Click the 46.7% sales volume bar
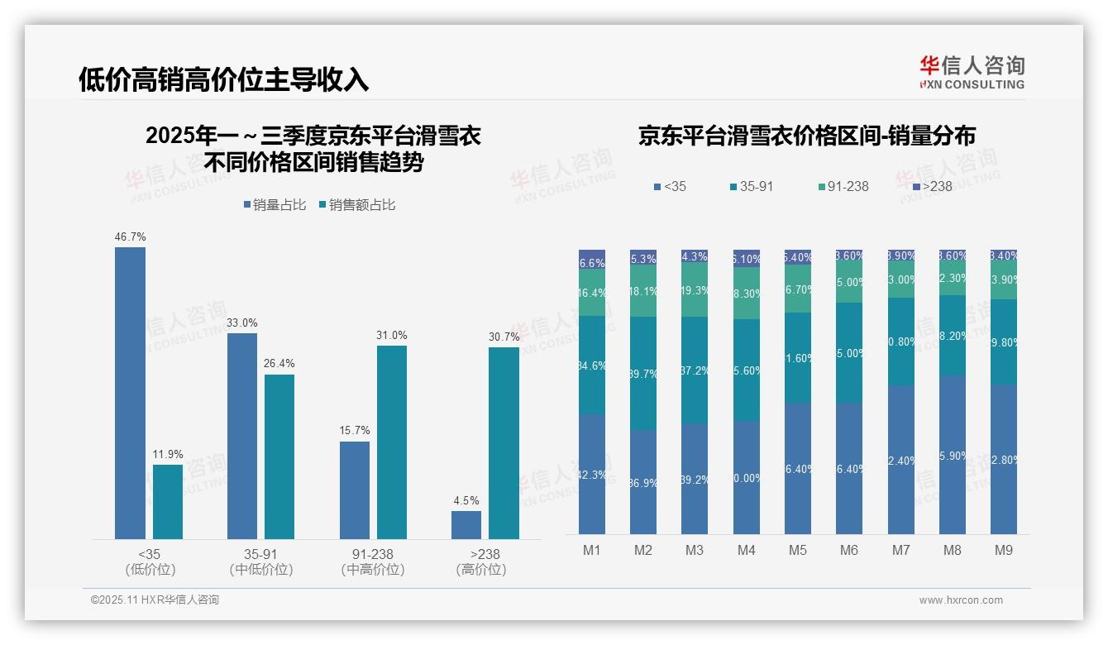tap(130, 393)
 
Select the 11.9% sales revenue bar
tap(168, 502)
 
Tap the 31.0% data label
tap(392, 335)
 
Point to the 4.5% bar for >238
tap(466, 525)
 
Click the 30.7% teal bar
tap(504, 443)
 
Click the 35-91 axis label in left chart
tap(261, 554)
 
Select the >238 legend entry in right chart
tap(931, 187)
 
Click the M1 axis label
tap(592, 550)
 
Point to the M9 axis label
tap(1004, 550)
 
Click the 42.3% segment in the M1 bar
tap(592, 474)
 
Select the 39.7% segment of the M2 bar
tap(643, 373)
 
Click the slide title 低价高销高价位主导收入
tap(223, 79)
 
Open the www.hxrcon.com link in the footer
tap(961, 600)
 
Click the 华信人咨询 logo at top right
tap(972, 72)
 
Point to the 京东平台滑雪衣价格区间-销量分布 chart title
tap(806, 136)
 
